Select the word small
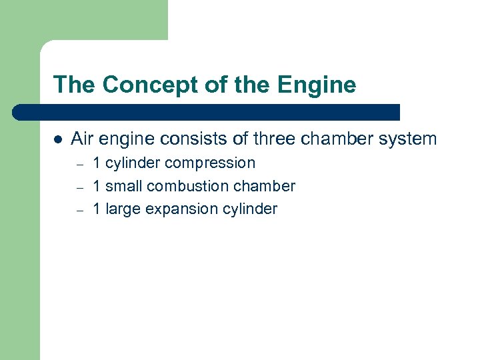coord(124,186)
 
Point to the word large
coord(123,209)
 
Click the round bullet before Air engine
coord(58,140)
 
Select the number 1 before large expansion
coord(97,209)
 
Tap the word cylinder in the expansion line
coord(251,209)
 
